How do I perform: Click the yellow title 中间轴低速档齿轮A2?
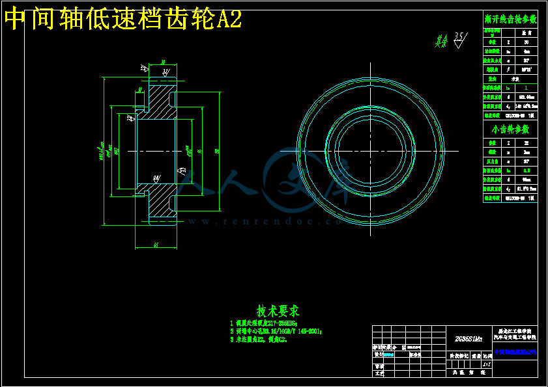click(123, 20)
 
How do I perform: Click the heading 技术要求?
click(278, 311)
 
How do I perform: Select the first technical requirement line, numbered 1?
click(264, 323)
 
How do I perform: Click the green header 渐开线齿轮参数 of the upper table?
click(511, 20)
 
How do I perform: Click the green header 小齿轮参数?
click(511, 129)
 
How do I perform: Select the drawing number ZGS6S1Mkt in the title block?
click(469, 338)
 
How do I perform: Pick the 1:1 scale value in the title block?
click(486, 364)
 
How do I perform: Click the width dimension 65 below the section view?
click(156, 245)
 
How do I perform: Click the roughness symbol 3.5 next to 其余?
click(460, 39)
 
